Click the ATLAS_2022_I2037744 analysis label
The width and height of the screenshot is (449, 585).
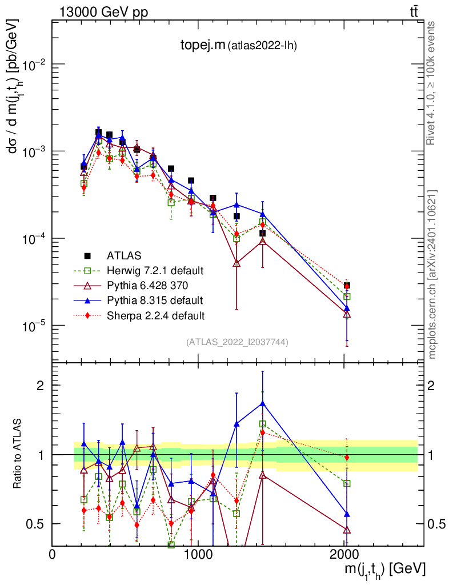(x=237, y=342)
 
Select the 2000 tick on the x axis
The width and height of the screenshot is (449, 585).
(x=344, y=555)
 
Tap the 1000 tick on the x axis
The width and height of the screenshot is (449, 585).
(x=198, y=555)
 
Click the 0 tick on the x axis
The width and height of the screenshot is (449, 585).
(x=53, y=555)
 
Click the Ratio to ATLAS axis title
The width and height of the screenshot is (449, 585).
(x=17, y=454)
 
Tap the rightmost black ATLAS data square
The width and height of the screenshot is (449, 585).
(x=347, y=285)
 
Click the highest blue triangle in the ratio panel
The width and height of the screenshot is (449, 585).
(x=262, y=403)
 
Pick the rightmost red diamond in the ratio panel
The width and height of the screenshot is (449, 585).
(x=347, y=457)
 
